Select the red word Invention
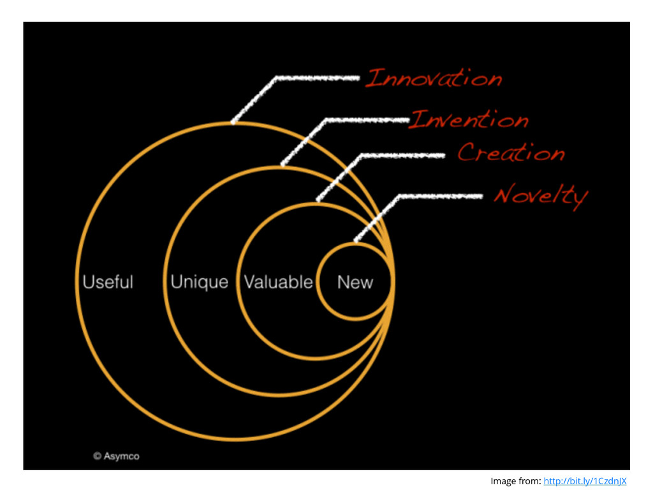click(x=469, y=119)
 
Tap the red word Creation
click(x=511, y=152)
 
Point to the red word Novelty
click(x=540, y=195)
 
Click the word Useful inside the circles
click(x=108, y=282)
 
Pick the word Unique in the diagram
click(x=199, y=282)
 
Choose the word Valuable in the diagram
click(x=279, y=282)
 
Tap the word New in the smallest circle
click(x=355, y=282)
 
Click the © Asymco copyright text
click(x=116, y=456)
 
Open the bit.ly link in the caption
click(x=585, y=480)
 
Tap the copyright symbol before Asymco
click(x=98, y=456)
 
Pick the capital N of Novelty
click(x=504, y=195)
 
